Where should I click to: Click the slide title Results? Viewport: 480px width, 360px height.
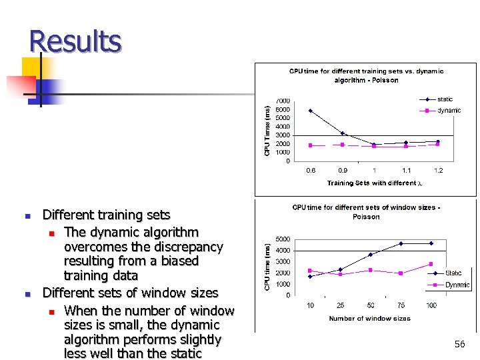75,41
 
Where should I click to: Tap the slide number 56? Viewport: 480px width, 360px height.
459,344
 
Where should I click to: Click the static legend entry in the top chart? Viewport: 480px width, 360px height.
445,99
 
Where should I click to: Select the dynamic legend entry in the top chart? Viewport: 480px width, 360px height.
449,111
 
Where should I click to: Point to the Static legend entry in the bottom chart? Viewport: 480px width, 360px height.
453,273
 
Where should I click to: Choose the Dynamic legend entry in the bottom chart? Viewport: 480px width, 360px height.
457,285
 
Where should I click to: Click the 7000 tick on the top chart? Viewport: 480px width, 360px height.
283,101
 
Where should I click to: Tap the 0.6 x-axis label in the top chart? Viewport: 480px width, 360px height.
311,171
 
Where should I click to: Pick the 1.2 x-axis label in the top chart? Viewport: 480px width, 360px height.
438,171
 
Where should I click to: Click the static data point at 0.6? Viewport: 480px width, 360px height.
311,111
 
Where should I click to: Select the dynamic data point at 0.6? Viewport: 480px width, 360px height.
311,145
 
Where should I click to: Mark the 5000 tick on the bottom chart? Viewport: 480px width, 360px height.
283,239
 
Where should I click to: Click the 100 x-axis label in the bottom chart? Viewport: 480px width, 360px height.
431,305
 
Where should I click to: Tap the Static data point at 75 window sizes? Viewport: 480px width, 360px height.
401,243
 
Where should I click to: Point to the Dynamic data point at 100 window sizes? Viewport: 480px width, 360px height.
431,264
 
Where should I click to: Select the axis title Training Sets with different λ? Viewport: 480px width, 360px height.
375,183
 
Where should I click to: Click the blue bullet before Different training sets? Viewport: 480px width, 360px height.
27,216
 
